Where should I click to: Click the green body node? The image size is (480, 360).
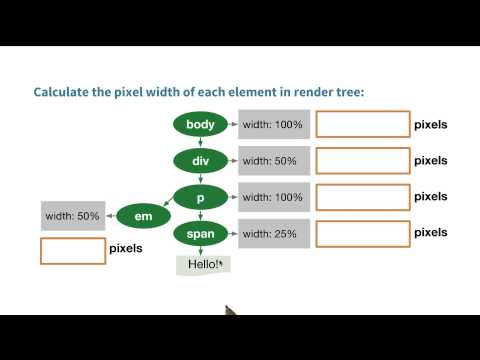pos(200,125)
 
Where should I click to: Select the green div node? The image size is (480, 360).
pos(200,161)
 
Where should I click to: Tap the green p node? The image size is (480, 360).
pos(200,197)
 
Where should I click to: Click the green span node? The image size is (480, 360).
pos(200,234)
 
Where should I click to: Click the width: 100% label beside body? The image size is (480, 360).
pos(272,125)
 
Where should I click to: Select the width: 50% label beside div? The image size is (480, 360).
pos(272,161)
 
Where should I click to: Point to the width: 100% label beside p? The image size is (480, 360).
pos(272,197)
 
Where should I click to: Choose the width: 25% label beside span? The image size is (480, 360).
pos(272,234)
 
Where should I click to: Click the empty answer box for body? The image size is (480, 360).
pos(362,124)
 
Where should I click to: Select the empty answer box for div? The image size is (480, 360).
pos(362,160)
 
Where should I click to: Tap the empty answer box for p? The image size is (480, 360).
pos(362,196)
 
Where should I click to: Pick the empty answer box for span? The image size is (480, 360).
pos(362,233)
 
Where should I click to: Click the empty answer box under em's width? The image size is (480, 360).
pos(72,250)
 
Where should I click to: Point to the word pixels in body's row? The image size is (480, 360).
pos(430,125)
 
